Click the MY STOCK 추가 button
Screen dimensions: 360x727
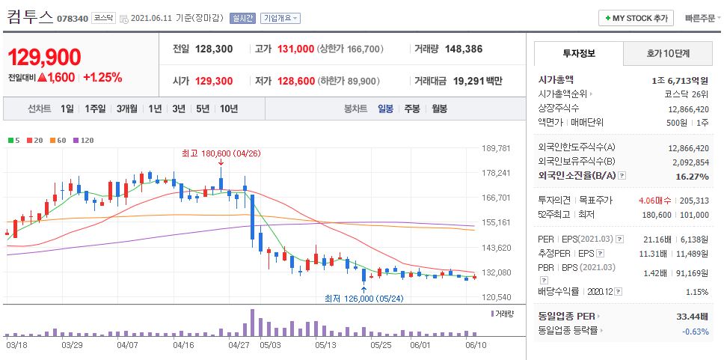pos(636,18)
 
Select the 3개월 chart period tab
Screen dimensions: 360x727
pos(129,109)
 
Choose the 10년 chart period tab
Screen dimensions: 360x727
pos(229,109)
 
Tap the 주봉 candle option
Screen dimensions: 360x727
pos(411,109)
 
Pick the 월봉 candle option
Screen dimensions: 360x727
pos(439,109)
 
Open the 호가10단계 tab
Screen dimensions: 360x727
pos(668,53)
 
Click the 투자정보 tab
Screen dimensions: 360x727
pos(577,53)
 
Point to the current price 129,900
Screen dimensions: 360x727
pos(44,57)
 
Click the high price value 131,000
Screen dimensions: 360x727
pos(295,49)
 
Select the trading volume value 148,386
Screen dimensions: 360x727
pos(463,49)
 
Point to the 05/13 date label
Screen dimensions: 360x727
pos(325,345)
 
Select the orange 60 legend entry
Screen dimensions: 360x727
pos(59,140)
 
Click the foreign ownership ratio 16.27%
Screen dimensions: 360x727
pos(691,176)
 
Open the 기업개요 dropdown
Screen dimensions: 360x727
pos(280,18)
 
